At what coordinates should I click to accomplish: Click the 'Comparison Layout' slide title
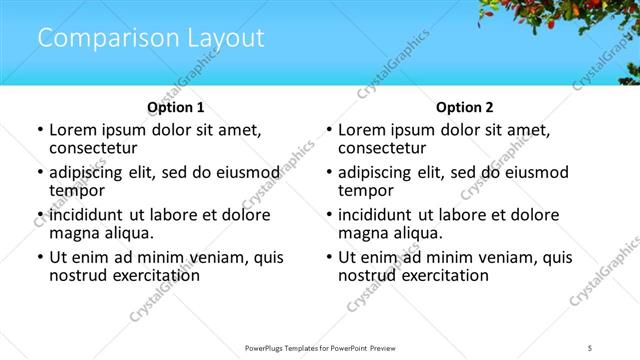pyautogui.click(x=151, y=39)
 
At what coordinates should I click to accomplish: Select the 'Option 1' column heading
pyautogui.click(x=176, y=107)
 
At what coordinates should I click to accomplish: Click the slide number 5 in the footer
pyautogui.click(x=590, y=348)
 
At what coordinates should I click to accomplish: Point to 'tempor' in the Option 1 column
pyautogui.click(x=75, y=190)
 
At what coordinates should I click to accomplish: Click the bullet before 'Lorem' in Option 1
pyautogui.click(x=40, y=131)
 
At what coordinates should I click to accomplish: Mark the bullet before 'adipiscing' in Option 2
pyautogui.click(x=329, y=173)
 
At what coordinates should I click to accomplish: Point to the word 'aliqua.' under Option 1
pyautogui.click(x=126, y=233)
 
